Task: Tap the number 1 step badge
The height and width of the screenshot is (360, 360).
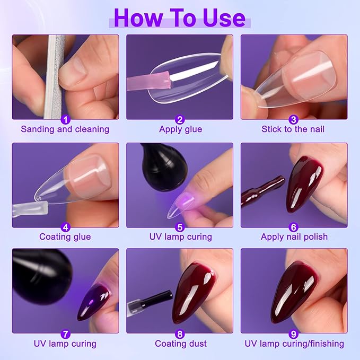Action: point(65,119)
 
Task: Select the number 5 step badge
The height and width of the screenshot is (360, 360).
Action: point(180,227)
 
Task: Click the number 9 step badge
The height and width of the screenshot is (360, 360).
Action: point(294,334)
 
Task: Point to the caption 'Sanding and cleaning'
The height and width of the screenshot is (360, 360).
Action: point(65,129)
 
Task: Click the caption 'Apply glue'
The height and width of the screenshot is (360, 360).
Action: point(180,129)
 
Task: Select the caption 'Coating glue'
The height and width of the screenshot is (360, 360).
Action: point(65,237)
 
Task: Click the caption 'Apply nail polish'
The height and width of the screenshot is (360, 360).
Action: point(294,237)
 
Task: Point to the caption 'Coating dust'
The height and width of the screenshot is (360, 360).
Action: point(180,344)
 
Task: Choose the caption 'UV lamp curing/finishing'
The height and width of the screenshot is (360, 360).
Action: point(294,344)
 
